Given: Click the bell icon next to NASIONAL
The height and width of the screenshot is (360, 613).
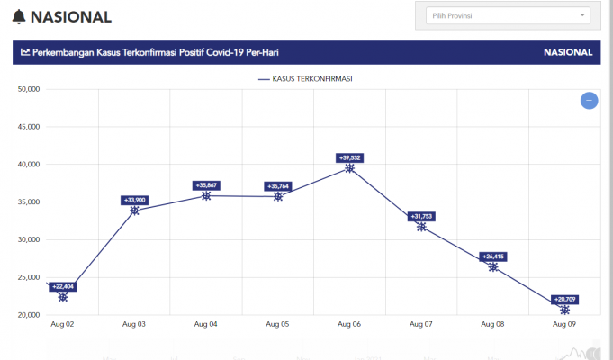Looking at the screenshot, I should tap(20, 16).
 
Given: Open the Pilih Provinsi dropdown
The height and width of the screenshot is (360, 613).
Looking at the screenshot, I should tap(508, 15).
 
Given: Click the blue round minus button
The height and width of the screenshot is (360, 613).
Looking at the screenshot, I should tap(589, 101).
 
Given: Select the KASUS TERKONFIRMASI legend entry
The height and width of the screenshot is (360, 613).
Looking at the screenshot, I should tap(305, 79).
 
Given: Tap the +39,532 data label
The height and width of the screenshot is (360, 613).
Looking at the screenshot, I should tap(349, 157).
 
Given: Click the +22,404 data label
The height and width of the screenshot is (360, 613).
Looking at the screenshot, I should tap(63, 286).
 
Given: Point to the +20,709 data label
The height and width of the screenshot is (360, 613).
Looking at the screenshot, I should tap(564, 298).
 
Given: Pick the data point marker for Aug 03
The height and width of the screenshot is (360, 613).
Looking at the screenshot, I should tap(134, 211).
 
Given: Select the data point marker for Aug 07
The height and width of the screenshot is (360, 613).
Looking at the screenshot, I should tap(421, 227).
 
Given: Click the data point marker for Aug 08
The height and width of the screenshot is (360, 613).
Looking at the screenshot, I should tap(493, 267).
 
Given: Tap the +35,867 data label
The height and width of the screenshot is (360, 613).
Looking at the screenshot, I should tap(206, 185).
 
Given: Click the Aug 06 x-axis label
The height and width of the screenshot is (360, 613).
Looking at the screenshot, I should tap(349, 324).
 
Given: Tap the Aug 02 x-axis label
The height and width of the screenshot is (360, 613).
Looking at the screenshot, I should tap(62, 324).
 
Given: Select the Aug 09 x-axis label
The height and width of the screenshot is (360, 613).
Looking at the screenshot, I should tap(564, 324).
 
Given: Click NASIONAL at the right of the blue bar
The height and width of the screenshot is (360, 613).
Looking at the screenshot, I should tap(568, 52).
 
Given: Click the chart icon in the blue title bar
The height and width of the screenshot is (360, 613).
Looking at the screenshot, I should tap(25, 52).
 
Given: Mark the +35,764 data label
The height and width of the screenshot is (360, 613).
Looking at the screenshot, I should tap(278, 186).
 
